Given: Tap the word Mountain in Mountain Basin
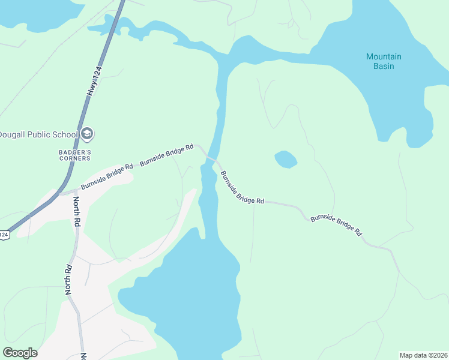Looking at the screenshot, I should click(x=384, y=57).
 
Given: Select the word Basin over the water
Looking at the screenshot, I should click(x=384, y=66).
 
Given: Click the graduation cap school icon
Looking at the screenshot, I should click(x=87, y=133).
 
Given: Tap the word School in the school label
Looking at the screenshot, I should click(x=67, y=133).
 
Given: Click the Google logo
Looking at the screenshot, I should click(x=20, y=353).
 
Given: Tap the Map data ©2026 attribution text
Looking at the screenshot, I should click(x=423, y=355).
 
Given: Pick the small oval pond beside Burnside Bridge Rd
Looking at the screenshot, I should click(x=286, y=160).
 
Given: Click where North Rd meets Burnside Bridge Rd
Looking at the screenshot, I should click(x=70, y=193).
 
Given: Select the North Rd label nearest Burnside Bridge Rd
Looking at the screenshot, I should click(x=77, y=211).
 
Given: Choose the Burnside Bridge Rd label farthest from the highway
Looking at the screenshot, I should click(x=337, y=224).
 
